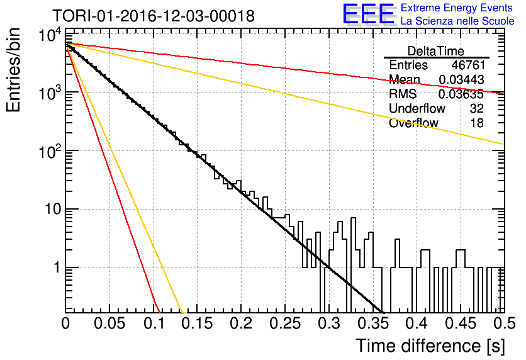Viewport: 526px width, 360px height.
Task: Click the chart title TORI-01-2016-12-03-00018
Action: click(154, 16)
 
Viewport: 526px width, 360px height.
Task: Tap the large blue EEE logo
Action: click(369, 14)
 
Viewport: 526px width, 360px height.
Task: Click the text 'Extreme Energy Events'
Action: click(457, 8)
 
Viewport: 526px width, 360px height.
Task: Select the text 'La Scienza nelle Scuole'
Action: click(457, 21)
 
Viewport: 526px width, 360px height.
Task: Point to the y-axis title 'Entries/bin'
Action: click(14, 70)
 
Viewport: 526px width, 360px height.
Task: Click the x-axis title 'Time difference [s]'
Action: click(430, 346)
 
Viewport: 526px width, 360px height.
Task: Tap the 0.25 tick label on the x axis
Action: click(285, 323)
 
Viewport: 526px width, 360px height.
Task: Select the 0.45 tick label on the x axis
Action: click(461, 323)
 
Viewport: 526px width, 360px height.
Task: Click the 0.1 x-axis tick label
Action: click(156, 323)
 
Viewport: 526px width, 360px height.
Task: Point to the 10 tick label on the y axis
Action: click(53, 209)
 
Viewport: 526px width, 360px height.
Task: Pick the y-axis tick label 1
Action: click(57, 267)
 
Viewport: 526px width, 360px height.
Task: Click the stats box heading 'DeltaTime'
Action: click(436, 51)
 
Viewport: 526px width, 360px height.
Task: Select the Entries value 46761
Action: click(468, 65)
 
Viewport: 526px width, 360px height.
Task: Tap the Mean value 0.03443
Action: click(462, 79)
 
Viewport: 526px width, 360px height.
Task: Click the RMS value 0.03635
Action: click(461, 94)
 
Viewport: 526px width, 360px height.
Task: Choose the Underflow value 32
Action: click(477, 108)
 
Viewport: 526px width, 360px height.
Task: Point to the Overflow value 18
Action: click(477, 123)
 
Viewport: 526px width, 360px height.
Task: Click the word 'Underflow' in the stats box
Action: click(417, 108)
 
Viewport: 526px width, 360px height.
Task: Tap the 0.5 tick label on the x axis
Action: click(504, 323)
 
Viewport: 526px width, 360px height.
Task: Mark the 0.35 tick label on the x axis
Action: click(373, 323)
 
